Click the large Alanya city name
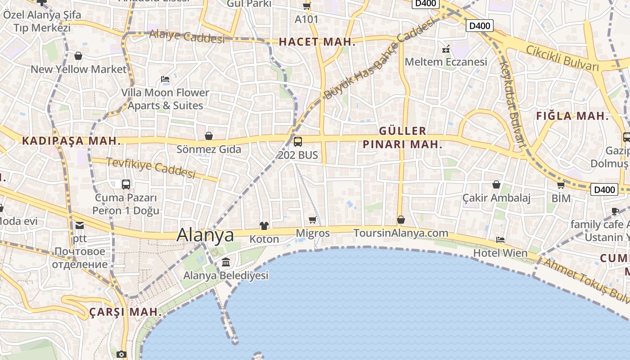coord(205,235)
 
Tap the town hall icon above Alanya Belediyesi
coord(226,262)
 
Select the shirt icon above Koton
coord(264,225)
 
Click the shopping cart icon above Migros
coord(312,220)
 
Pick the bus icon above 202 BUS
coord(297,142)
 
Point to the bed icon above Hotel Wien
coord(500,239)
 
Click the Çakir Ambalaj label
coord(496,198)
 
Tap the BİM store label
coord(561,198)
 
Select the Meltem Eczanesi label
coord(446,62)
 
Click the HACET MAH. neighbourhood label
coord(317,42)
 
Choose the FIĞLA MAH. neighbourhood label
coord(572,116)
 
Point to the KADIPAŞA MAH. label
coord(72,141)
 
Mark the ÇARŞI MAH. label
coord(125,311)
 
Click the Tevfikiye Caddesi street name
coord(151,167)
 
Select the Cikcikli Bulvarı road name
coord(562,58)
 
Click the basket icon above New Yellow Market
coord(78,56)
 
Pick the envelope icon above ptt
coord(80,225)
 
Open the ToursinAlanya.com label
coord(401,233)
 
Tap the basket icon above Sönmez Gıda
coord(209,135)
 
